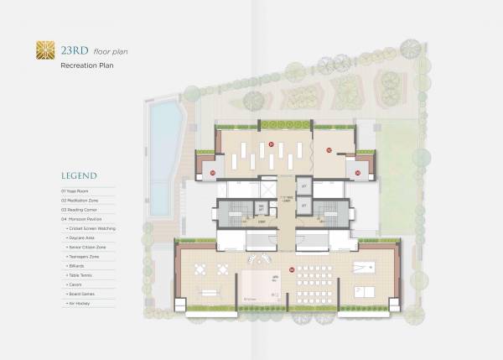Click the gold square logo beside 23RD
coord(39,51)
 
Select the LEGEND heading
coord(78,176)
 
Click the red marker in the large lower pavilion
coord(291,270)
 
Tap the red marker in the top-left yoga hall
coord(272,144)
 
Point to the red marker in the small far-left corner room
coord(213,173)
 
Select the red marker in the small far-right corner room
coord(358,173)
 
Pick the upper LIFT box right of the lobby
coord(305,185)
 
